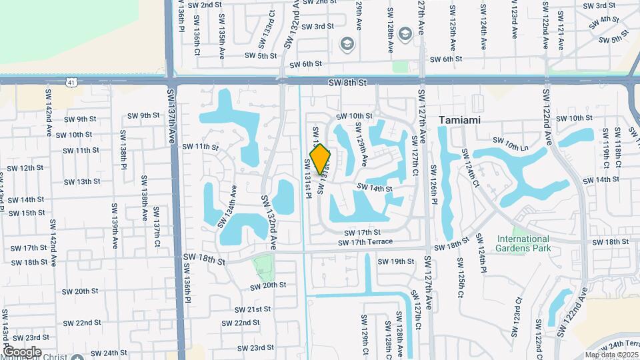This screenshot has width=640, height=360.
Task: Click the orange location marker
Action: [321, 159]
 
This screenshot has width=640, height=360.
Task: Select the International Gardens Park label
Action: [522, 243]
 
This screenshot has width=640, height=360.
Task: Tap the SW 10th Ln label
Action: [510, 141]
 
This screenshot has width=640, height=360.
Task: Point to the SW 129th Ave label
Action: [363, 144]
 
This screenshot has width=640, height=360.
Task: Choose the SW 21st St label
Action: [253, 309]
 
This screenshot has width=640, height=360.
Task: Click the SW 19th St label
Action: [396, 261]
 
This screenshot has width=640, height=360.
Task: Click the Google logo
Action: [22, 351]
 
